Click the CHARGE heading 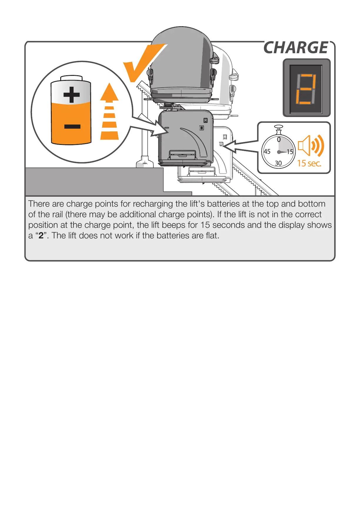pos(296,48)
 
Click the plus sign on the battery pos(71,95)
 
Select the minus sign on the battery pos(72,127)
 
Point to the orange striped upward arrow pos(109,112)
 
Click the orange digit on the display pos(306,89)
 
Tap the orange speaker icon pos(311,146)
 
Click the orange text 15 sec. pos(309,163)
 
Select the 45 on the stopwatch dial pos(267,152)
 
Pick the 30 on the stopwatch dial pos(278,163)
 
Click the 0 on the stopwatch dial pos(279,140)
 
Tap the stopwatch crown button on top pos(279,127)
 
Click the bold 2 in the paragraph pos(41,236)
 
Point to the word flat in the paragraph pos(212,236)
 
